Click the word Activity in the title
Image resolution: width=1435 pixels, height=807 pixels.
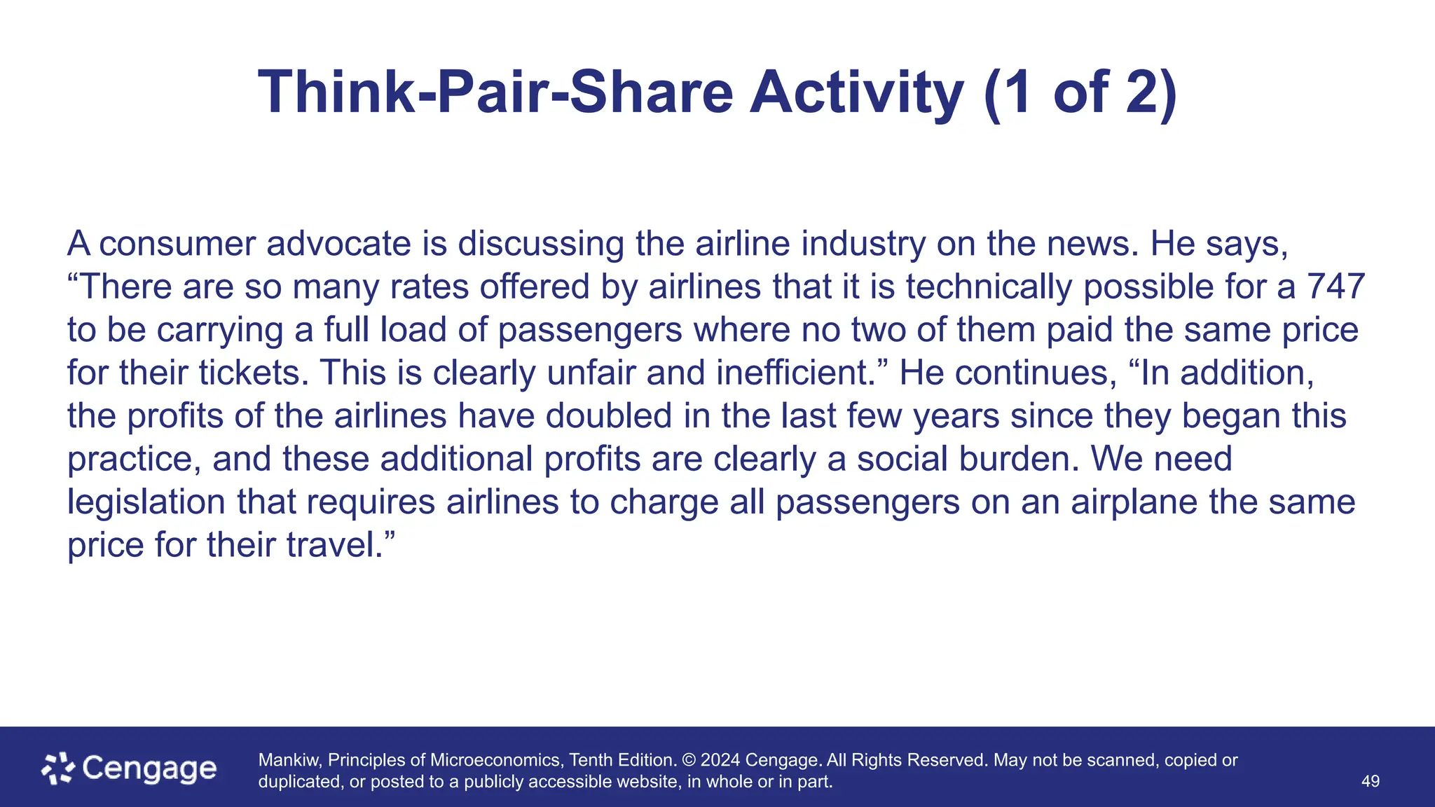pyautogui.click(x=856, y=92)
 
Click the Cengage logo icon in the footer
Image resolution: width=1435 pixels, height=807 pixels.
pyautogui.click(x=58, y=768)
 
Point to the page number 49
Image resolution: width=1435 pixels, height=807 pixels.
pyautogui.click(x=1370, y=782)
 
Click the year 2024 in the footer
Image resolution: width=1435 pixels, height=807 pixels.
pyautogui.click(x=720, y=760)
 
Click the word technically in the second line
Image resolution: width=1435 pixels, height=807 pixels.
pyautogui.click(x=989, y=287)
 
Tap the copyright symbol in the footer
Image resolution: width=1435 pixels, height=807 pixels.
pyautogui.click(x=689, y=760)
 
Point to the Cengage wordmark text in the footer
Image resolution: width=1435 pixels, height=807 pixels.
pyautogui.click(x=149, y=769)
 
